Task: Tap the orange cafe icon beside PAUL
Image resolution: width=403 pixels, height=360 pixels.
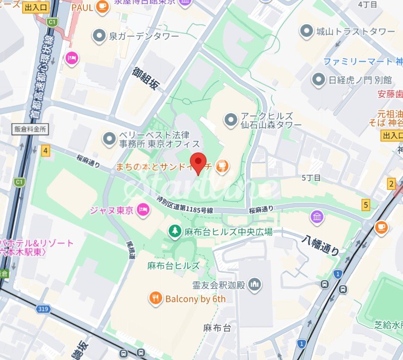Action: [103, 7]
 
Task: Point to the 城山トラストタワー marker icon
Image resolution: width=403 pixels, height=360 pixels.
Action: [306, 32]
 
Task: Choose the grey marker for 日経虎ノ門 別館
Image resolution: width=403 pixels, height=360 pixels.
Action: [318, 79]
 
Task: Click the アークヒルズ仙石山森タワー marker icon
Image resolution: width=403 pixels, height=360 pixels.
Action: [230, 120]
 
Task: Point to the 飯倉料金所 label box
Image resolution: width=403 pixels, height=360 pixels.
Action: [30, 129]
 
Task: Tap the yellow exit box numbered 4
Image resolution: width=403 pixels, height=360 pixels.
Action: [46, 150]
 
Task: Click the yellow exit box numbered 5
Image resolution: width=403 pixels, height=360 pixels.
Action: [366, 204]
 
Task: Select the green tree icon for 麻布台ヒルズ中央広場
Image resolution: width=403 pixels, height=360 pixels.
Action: [175, 231]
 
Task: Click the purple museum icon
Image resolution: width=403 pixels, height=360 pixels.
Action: [317, 218]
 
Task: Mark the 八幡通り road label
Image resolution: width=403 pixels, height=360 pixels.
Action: [321, 244]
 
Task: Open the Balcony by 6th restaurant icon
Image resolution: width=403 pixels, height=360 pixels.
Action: [156, 299]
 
